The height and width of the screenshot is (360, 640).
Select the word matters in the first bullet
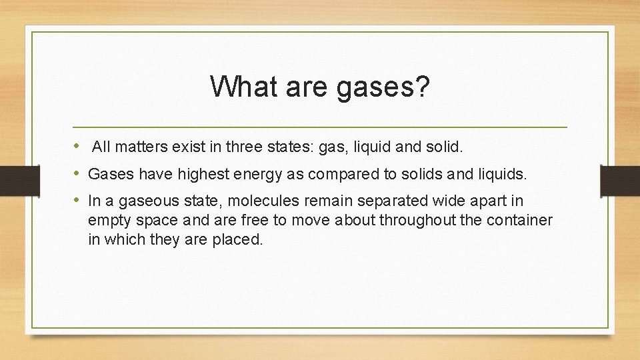click(135, 146)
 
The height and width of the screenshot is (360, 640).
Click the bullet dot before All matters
click(78, 145)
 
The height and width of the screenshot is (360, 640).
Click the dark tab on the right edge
click(620, 180)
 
